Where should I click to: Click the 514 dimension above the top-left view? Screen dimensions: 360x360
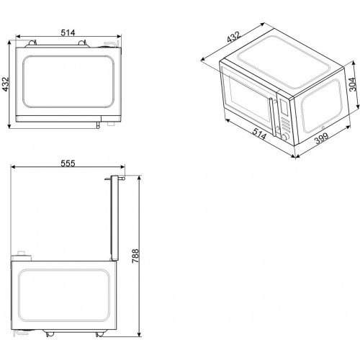68,32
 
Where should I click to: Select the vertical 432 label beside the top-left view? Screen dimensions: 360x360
6,84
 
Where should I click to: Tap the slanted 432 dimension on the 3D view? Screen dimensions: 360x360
233,37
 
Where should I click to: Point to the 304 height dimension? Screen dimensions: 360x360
352,84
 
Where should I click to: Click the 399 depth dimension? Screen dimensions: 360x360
322,138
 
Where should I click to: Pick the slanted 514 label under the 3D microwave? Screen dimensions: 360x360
259,134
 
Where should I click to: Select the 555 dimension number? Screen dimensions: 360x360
68,163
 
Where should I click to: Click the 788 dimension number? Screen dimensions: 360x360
135,256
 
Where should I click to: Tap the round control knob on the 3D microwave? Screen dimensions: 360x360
285,137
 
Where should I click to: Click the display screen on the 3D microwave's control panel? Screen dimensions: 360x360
284,107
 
